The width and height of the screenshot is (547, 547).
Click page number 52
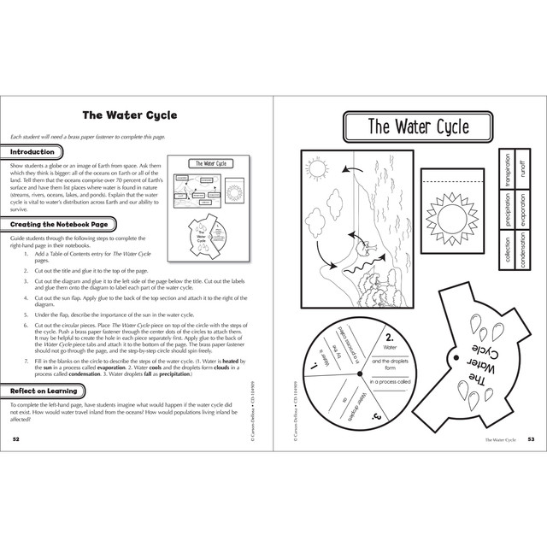click(16, 438)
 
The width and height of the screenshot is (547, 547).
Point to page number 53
click(530, 438)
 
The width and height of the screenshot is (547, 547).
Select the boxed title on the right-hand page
click(417, 128)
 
